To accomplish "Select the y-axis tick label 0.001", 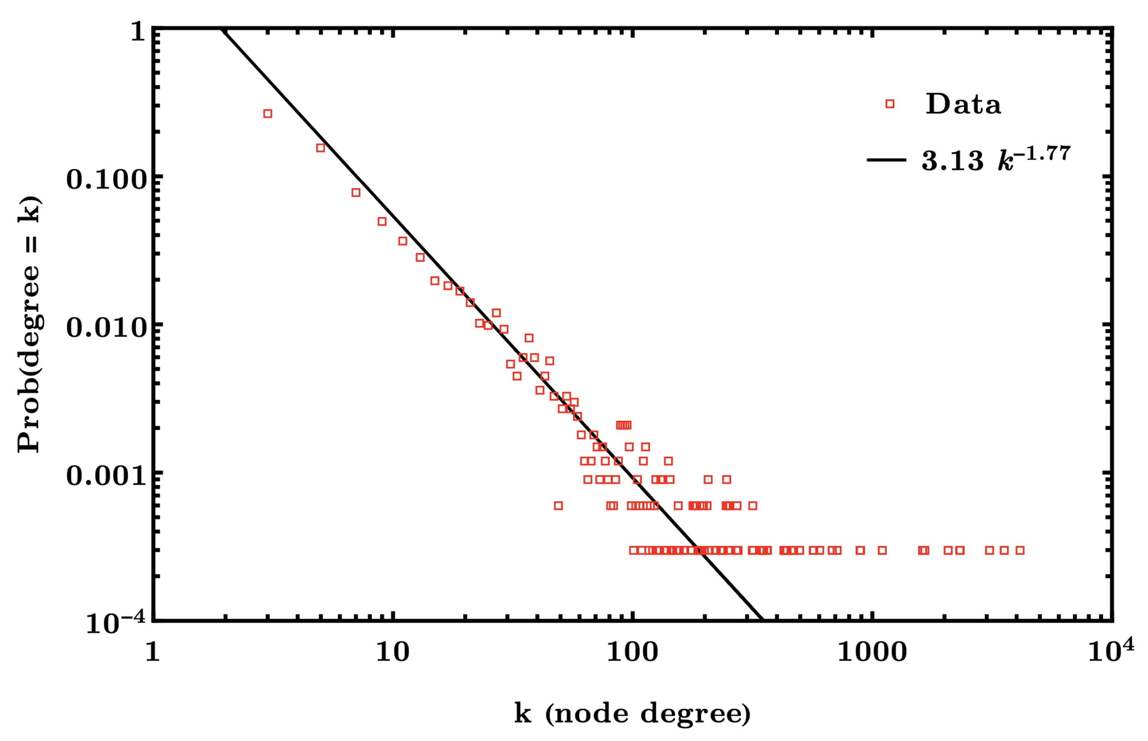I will [106, 476].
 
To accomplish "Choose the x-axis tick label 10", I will [392, 652].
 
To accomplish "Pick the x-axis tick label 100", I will [632, 652].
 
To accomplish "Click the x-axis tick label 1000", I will [872, 652].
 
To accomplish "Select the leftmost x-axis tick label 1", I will [153, 652].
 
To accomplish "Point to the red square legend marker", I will [890, 104].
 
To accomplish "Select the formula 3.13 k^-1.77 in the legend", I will [995, 159].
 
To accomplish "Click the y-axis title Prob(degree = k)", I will [29, 324].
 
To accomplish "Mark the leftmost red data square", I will [268, 114].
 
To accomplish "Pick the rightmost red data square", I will [1020, 550].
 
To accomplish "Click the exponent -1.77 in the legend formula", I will [1043, 153].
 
